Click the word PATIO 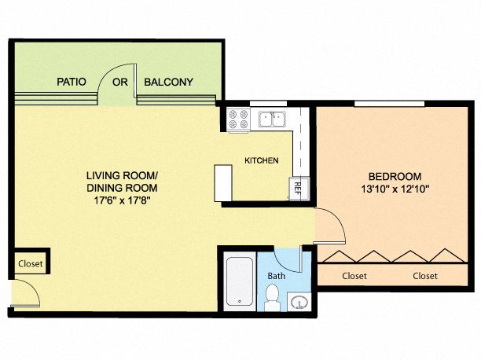click(x=72, y=82)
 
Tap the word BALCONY click(x=168, y=82)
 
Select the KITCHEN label click(x=262, y=160)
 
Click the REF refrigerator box click(x=299, y=189)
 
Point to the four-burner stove click(x=239, y=119)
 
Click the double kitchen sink click(x=272, y=119)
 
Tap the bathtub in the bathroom click(x=240, y=281)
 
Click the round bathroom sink click(x=299, y=302)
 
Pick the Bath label click(x=277, y=276)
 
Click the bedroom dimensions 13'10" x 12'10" click(x=395, y=189)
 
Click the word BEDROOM click(x=395, y=177)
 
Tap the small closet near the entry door click(x=31, y=263)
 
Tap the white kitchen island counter click(x=223, y=183)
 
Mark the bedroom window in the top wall click(x=390, y=104)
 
